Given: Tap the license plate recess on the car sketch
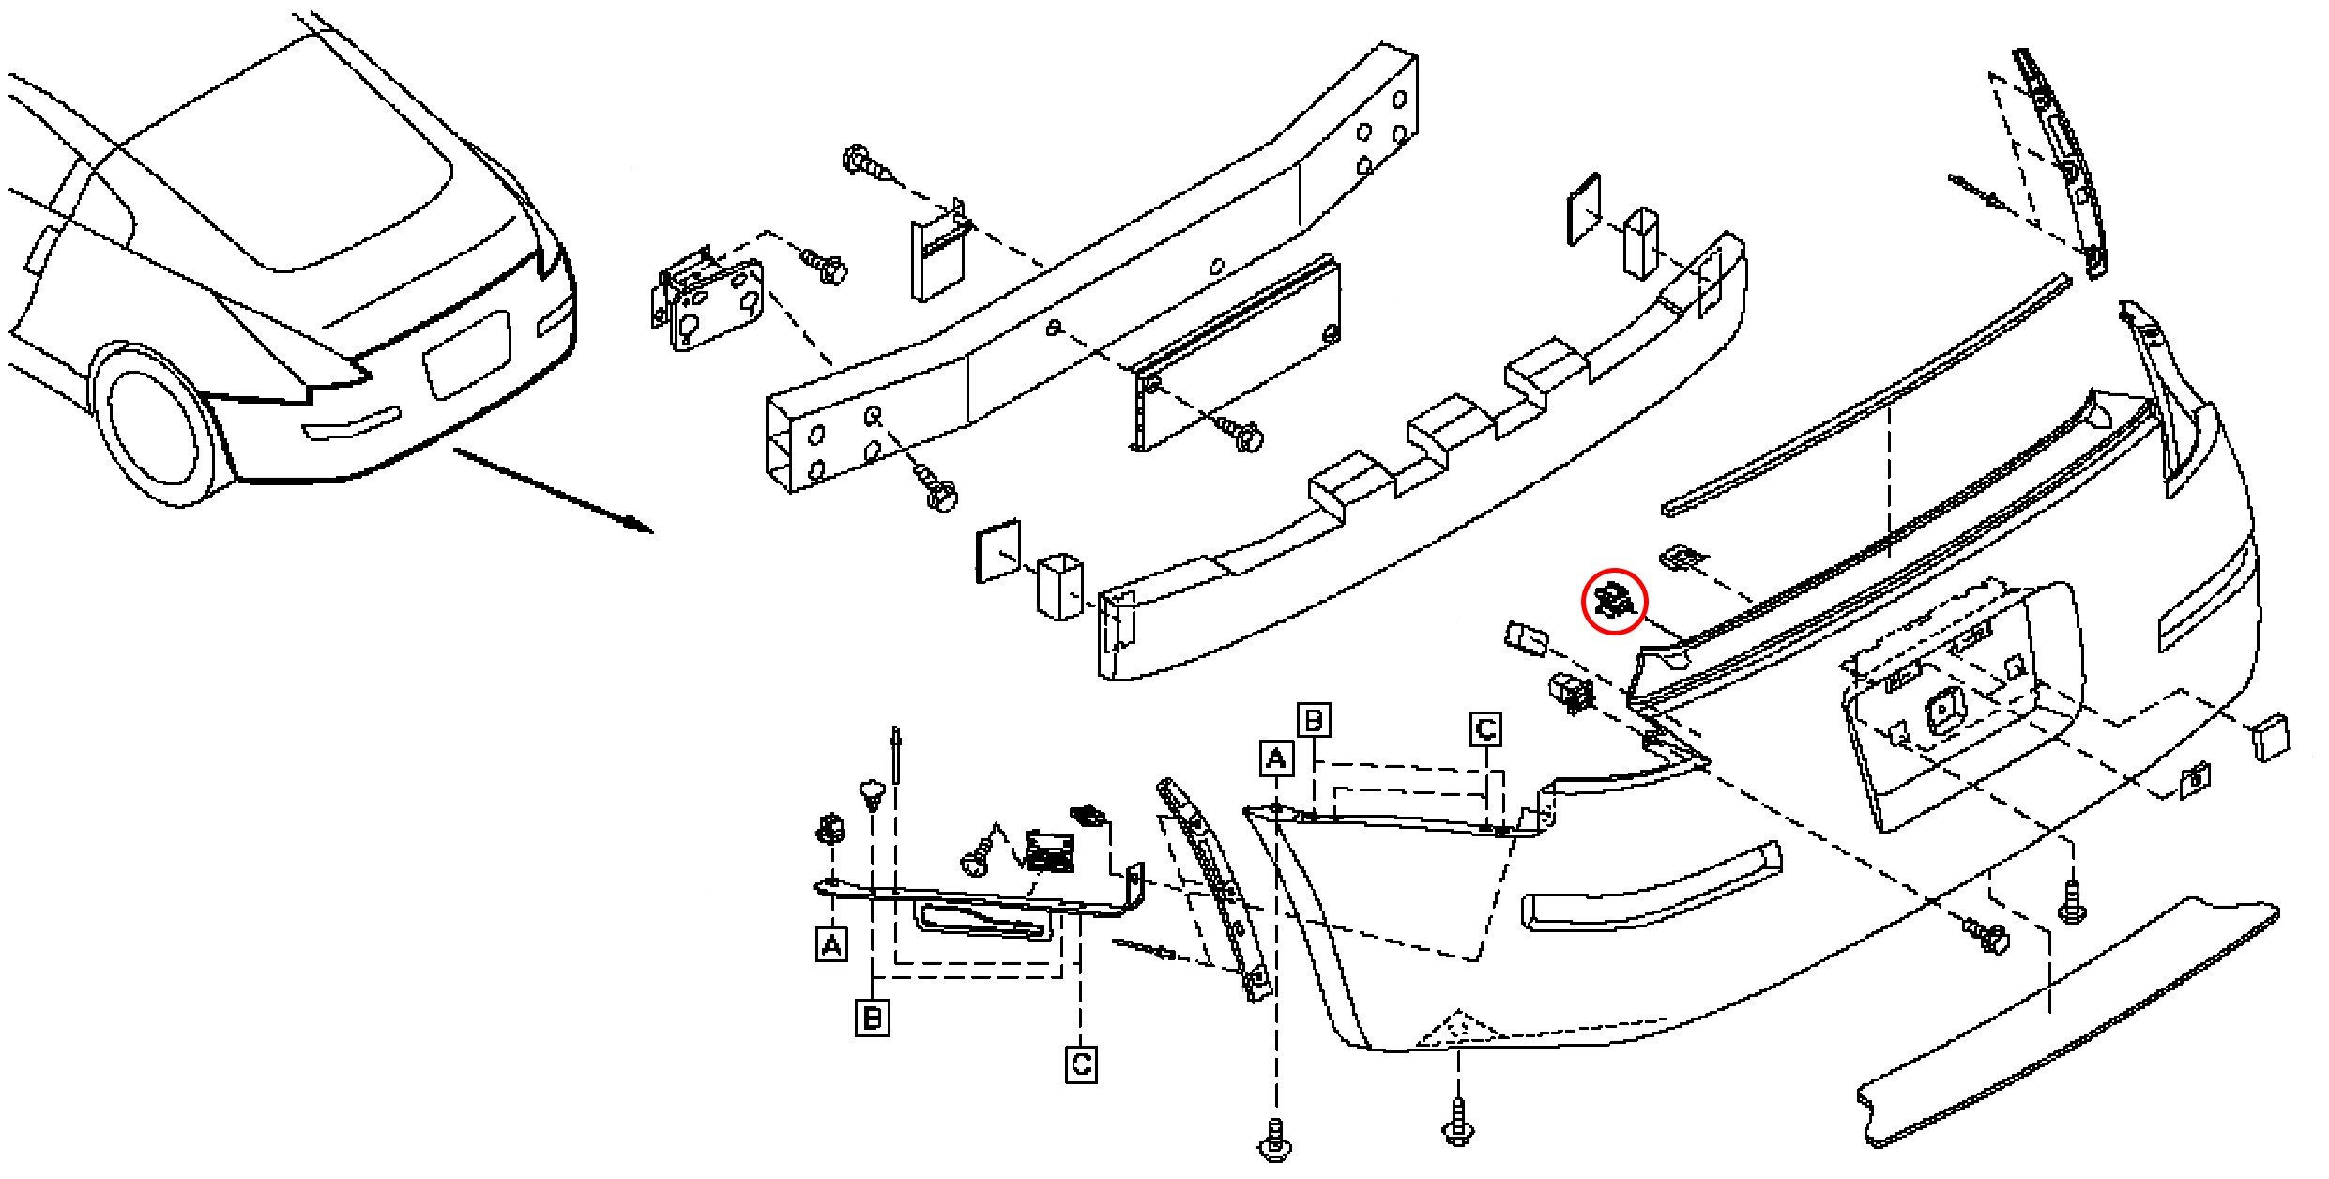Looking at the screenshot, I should pos(467,354).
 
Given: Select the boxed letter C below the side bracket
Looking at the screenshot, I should pos(1081,1064).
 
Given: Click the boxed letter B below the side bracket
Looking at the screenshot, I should pos(872,1018).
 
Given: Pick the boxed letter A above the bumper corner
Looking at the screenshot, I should pos(1275,758).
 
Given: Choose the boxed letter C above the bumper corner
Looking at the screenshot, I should pos(1485,729).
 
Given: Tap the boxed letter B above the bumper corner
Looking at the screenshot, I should pos(1315,720).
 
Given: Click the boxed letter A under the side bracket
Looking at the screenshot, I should pos(831,944).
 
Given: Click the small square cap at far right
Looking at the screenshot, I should pos(2271,737).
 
